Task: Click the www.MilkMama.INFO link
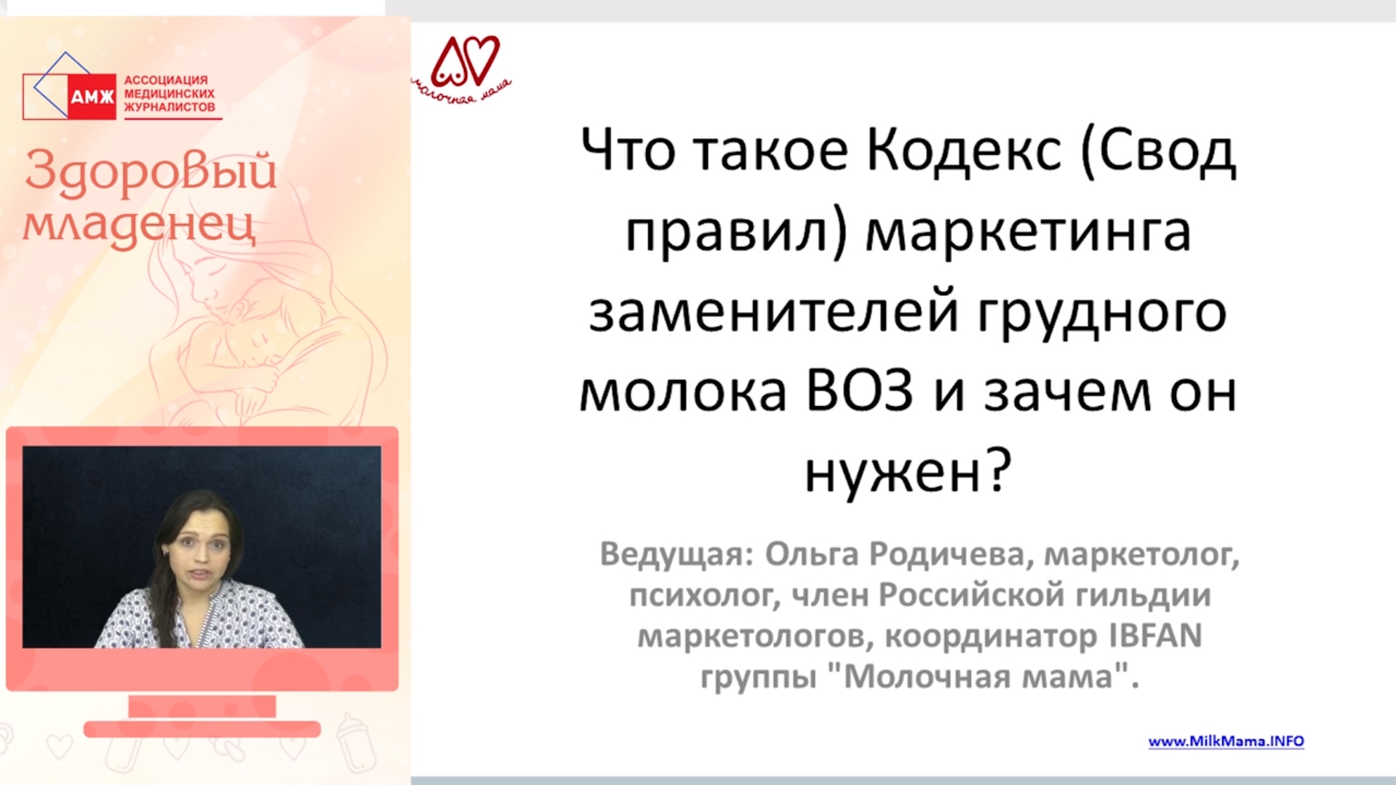pos(1226,741)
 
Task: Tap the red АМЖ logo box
pos(92,96)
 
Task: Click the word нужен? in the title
pos(908,472)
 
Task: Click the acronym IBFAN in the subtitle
pos(1155,635)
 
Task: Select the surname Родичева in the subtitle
pos(947,554)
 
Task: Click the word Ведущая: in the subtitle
pos(676,554)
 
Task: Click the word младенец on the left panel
pos(139,223)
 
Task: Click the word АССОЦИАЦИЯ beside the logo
pos(166,80)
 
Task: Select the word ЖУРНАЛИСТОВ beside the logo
pos(169,107)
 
